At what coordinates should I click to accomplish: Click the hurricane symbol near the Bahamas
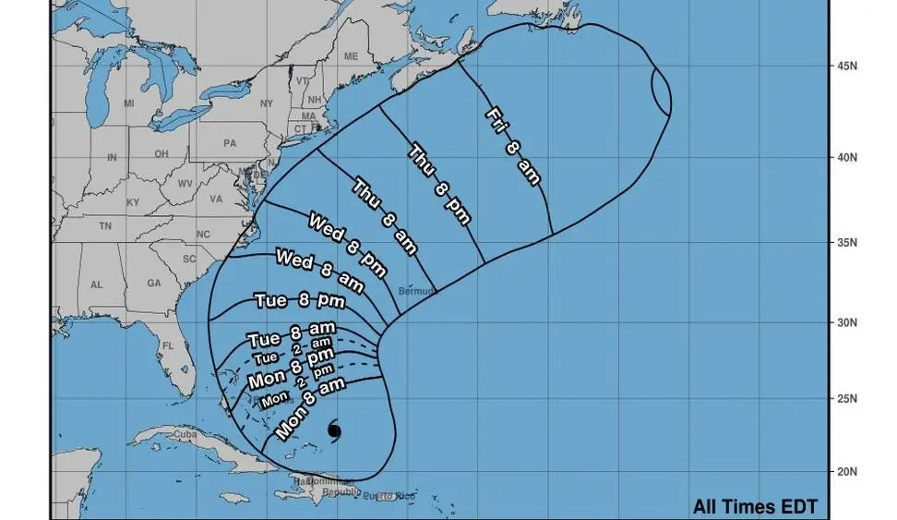pos(334,430)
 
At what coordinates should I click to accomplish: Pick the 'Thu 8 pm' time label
pos(439,185)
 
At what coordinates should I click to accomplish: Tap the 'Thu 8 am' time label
pos(386,218)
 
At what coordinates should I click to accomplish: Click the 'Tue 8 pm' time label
pos(299,300)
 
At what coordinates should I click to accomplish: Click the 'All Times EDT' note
pos(755,506)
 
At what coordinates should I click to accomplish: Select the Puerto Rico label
pos(391,496)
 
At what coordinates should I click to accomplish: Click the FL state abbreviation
pos(168,346)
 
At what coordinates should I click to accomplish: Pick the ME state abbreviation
pos(351,56)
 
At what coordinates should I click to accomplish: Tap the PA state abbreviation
pos(231,143)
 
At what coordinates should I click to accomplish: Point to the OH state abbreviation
pos(161,153)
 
